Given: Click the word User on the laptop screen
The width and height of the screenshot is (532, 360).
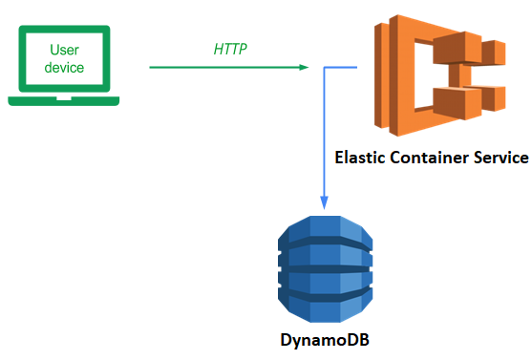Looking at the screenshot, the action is click(64, 50).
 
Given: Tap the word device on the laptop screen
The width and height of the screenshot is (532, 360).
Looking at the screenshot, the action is click(64, 68).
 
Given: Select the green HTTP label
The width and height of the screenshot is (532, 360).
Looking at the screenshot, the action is click(230, 50).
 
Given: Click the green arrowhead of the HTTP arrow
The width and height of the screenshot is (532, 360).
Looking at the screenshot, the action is click(304, 67).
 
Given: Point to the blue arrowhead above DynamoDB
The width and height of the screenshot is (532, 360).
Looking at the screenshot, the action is click(325, 202).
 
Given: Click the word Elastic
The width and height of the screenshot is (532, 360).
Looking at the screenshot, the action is click(360, 158).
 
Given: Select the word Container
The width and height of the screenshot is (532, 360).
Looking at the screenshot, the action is click(429, 158).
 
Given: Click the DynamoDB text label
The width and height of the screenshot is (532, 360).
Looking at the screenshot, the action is click(325, 340).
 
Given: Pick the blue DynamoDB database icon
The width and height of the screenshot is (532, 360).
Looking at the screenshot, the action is click(325, 269).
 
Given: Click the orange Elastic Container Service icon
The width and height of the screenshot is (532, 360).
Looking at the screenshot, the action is click(440, 75).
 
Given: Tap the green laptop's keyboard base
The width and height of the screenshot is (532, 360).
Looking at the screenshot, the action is click(64, 101).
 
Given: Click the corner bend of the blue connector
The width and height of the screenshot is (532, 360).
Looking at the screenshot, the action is click(325, 68).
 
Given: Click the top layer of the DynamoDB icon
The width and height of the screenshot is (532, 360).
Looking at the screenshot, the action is click(325, 229).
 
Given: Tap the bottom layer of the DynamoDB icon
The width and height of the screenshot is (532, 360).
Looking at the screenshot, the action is click(325, 307).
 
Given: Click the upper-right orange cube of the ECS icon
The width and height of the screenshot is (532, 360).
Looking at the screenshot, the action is click(494, 53).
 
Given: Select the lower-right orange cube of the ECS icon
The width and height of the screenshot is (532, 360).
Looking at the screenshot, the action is click(494, 98).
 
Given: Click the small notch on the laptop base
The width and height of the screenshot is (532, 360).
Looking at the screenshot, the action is click(64, 98).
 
